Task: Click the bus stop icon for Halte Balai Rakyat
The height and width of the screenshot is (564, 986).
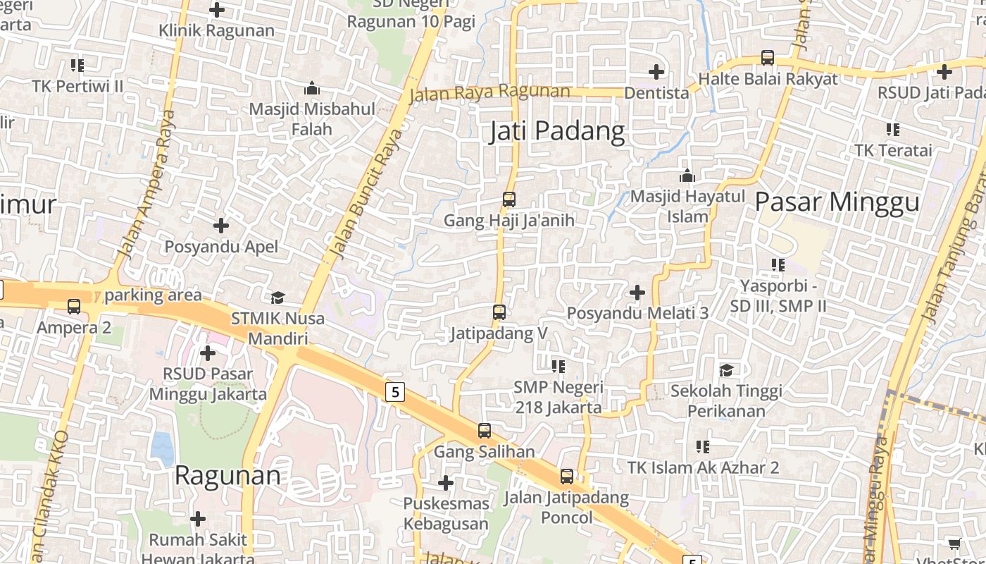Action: [x=768, y=58]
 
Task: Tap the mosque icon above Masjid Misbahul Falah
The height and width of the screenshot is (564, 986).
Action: [x=311, y=88]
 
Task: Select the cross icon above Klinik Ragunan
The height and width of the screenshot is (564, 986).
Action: [x=217, y=10]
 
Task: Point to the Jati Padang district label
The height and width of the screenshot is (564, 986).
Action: [x=556, y=131]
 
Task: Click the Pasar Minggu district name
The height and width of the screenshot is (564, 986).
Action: [x=837, y=202]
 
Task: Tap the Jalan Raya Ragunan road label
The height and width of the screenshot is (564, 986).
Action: [x=489, y=92]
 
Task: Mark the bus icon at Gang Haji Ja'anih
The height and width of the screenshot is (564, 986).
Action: [x=509, y=200]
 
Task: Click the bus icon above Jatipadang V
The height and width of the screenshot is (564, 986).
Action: [x=499, y=312]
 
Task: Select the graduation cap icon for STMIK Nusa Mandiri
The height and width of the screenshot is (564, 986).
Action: [x=278, y=298]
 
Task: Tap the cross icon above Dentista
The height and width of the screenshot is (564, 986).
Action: [x=656, y=72]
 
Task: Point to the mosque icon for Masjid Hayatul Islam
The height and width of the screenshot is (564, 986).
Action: [x=687, y=176]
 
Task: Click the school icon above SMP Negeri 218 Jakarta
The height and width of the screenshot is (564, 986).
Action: [x=558, y=366]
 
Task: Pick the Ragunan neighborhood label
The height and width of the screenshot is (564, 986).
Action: [x=227, y=475]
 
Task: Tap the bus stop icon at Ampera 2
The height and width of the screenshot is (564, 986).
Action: [x=74, y=307]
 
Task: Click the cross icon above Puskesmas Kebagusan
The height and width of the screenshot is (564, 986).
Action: [x=445, y=483]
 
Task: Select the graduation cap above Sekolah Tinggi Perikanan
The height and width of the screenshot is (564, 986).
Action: [x=726, y=370]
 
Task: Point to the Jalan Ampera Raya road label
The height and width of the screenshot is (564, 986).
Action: [x=146, y=184]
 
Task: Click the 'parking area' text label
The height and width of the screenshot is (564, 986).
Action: [x=153, y=295]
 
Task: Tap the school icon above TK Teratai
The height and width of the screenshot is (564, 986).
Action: [x=893, y=130]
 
